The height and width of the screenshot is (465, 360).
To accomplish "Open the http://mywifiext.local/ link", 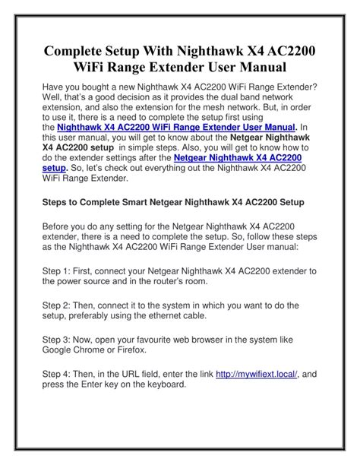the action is pyautogui.click(x=257, y=373).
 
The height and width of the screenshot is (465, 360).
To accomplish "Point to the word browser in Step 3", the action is pyautogui.click(x=229, y=339).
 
